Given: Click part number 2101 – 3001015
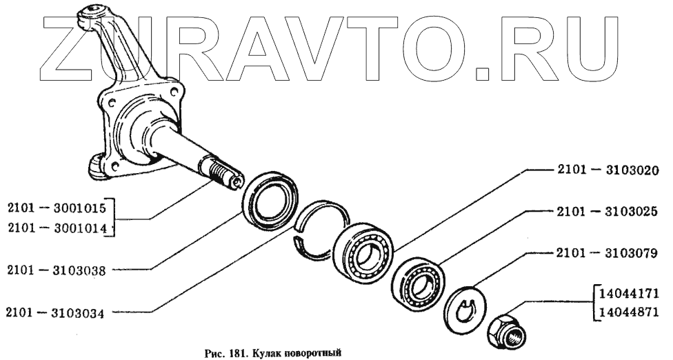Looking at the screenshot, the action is pyautogui.click(x=57, y=206).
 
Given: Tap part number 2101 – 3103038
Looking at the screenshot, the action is pyautogui.click(x=57, y=270).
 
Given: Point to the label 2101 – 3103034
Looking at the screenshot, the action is pyautogui.click(x=57, y=312).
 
